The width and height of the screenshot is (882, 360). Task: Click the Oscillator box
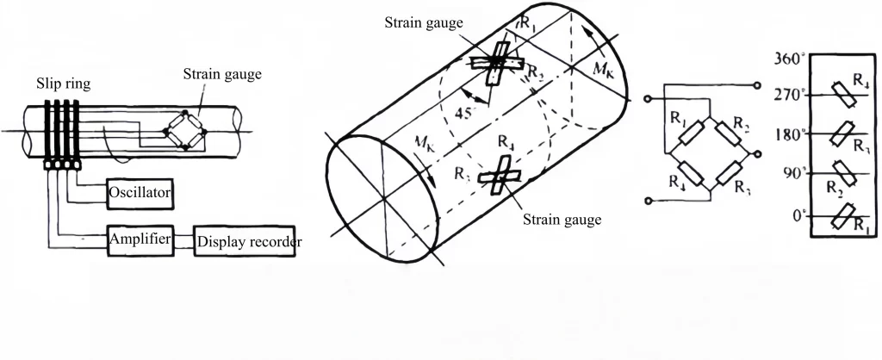tap(141, 194)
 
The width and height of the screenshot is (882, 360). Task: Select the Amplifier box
tap(141, 238)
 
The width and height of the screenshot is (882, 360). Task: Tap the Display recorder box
tap(249, 242)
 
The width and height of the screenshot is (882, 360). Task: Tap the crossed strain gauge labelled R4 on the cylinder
tap(498, 177)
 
